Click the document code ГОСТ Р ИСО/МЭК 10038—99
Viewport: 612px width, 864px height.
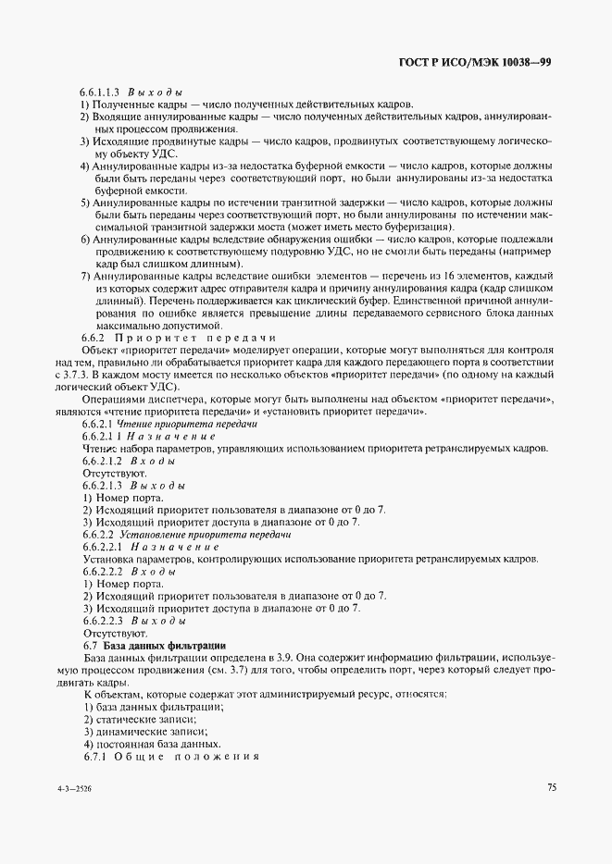tap(476, 63)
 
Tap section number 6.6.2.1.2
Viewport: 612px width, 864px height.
tap(102, 460)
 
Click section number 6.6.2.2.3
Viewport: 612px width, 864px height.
tap(102, 621)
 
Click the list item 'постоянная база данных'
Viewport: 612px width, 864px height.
tap(156, 744)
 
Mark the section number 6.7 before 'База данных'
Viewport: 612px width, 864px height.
tap(91, 644)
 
